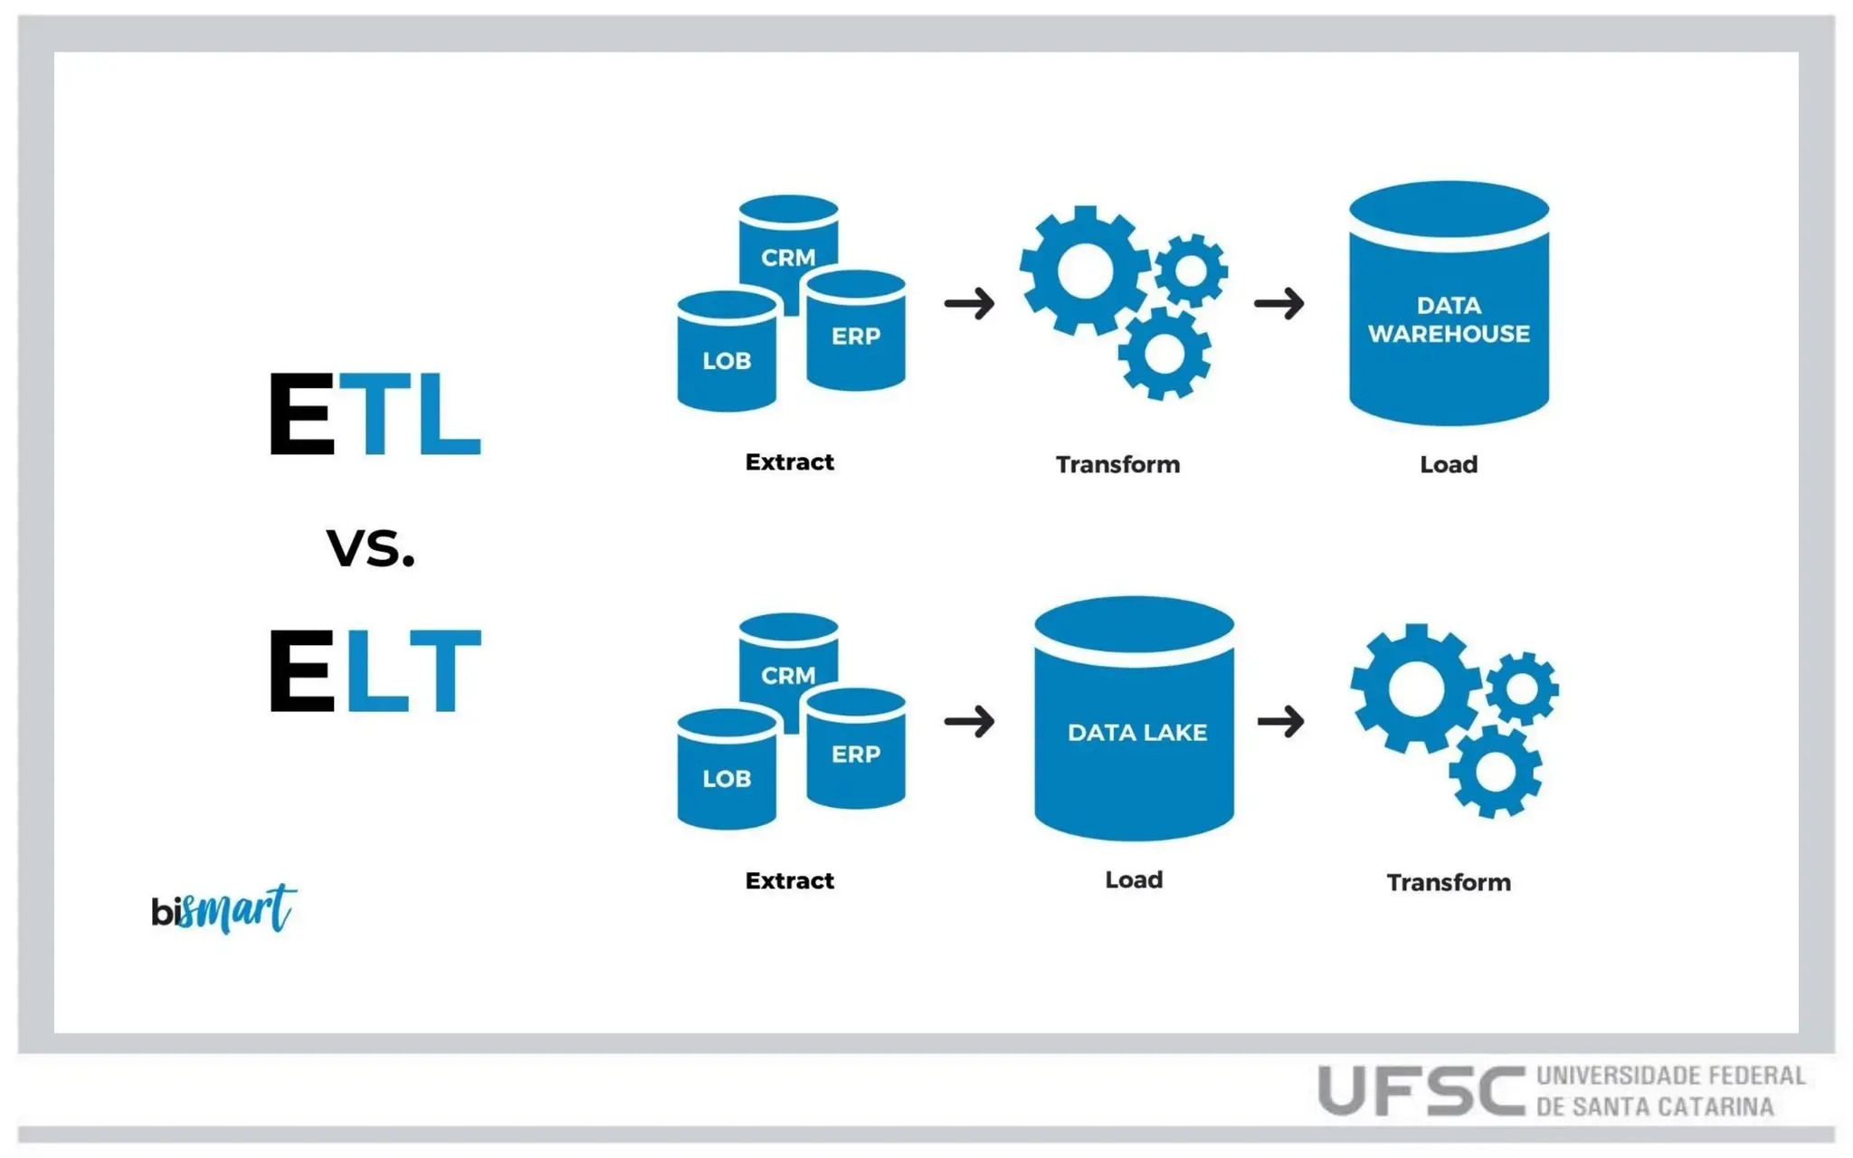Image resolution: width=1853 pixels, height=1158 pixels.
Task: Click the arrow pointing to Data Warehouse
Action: pyautogui.click(x=1278, y=303)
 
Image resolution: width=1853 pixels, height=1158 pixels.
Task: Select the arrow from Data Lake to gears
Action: pyautogui.click(x=1280, y=721)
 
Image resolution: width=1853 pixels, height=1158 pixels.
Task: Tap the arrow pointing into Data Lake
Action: pyautogui.click(x=969, y=721)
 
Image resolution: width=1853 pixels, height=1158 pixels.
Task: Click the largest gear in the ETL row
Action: pyautogui.click(x=1084, y=270)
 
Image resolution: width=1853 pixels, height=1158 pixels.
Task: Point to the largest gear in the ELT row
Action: pyautogui.click(x=1415, y=688)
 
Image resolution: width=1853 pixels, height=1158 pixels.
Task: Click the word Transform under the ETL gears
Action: pyautogui.click(x=1117, y=464)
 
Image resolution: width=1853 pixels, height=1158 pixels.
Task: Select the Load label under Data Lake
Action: pyautogui.click(x=1134, y=879)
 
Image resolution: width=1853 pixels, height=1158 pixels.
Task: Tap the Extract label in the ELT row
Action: pyautogui.click(x=789, y=880)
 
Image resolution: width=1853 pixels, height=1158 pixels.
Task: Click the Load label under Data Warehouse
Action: pyautogui.click(x=1448, y=464)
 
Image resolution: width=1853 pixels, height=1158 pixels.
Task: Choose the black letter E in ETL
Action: pyautogui.click(x=302, y=413)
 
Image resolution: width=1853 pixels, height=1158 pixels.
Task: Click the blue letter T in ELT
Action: pyautogui.click(x=444, y=669)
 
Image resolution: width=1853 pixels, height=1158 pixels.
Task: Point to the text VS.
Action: pyautogui.click(x=371, y=548)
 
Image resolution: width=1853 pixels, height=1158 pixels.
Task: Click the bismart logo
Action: pyautogui.click(x=223, y=908)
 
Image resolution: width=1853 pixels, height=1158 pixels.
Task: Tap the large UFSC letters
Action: pyautogui.click(x=1421, y=1091)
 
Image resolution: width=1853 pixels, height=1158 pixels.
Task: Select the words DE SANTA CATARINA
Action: pyautogui.click(x=1655, y=1106)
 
